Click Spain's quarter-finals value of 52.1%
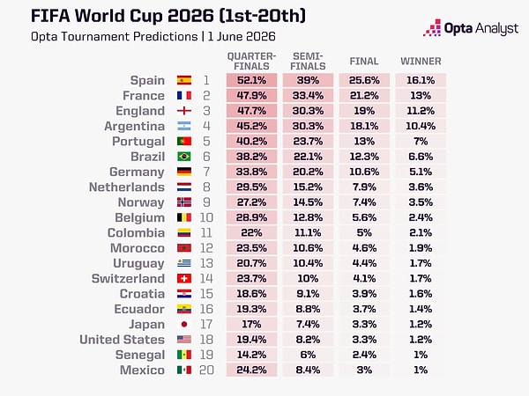click(251, 80)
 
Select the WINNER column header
click(421, 62)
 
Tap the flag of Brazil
click(184, 157)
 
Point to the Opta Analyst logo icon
click(432, 27)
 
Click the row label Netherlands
click(127, 187)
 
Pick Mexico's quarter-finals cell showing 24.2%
click(251, 370)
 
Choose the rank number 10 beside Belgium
click(206, 217)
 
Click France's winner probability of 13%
click(421, 96)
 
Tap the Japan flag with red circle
click(184, 324)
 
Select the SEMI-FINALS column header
click(308, 62)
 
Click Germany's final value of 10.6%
click(364, 172)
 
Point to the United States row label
click(123, 340)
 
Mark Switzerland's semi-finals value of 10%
click(308, 278)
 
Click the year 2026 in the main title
click(190, 16)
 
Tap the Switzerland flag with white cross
click(184, 278)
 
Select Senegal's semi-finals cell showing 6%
click(308, 355)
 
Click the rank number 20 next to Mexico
click(206, 370)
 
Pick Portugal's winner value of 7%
click(421, 142)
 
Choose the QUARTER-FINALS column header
click(251, 62)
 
